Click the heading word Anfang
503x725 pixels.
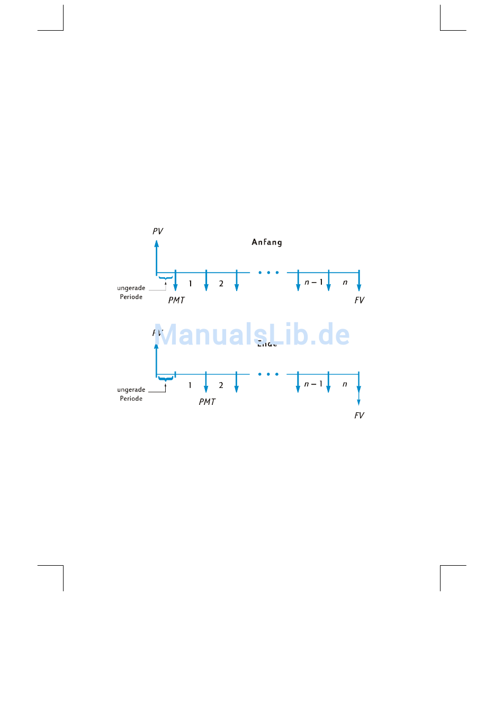267,242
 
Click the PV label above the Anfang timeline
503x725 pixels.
158,231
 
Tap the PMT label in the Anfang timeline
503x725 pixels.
176,300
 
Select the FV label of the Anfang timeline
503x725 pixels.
360,300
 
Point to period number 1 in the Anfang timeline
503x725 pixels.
191,284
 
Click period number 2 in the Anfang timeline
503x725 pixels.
221,284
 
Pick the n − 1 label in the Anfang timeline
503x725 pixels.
313,282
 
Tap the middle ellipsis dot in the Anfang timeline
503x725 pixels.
268,273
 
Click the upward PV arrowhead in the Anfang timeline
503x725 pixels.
157,244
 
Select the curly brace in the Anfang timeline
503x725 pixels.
166,278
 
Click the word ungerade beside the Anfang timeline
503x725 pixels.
131,288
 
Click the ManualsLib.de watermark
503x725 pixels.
252,334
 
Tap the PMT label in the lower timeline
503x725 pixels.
207,402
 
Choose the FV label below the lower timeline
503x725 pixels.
360,415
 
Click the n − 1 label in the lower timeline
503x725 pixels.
313,384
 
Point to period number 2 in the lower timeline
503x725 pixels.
221,385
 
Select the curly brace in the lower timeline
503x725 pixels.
166,379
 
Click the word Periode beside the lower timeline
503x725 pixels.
131,398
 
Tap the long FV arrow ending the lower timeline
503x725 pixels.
358,389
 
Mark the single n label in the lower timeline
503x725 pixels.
345,384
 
